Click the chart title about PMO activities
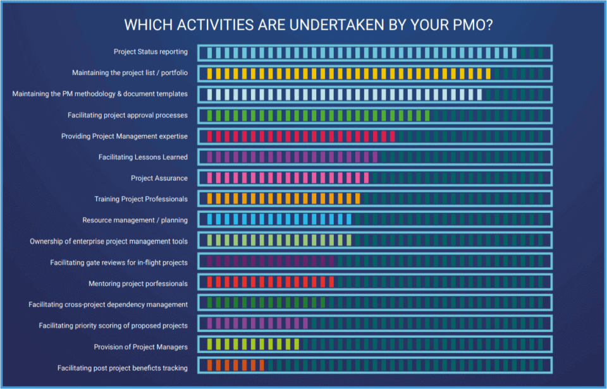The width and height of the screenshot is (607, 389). pos(309,25)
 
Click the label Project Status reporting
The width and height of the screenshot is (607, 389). pos(150,52)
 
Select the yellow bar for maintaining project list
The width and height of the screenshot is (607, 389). pos(348,73)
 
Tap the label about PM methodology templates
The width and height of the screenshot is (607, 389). pos(100,93)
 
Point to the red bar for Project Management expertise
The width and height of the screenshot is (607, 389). pos(300,136)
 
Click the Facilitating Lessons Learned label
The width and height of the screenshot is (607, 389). pos(143,157)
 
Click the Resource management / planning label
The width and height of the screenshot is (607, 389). pos(135,220)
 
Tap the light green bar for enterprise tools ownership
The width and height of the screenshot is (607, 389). pos(278,241)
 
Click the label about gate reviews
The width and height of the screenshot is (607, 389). pos(119,262)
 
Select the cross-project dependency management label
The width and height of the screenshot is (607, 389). pos(108,304)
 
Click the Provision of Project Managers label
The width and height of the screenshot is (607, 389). pos(140,347)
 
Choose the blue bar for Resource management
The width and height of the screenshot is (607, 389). pos(278,220)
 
